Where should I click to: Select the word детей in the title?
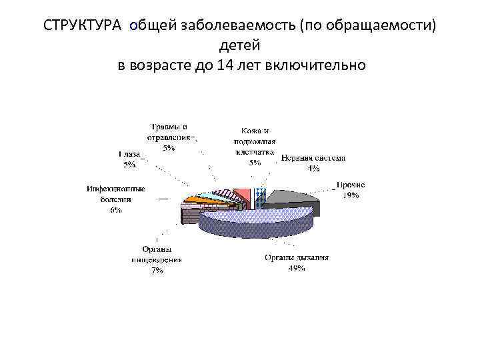click(240, 46)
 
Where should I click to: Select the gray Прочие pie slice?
click(293, 198)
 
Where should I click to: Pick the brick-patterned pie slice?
click(190, 215)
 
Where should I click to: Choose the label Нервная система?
click(313, 159)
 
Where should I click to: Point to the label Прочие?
click(350, 185)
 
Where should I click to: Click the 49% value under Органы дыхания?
click(296, 268)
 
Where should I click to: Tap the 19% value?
click(351, 195)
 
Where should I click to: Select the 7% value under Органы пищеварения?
click(157, 271)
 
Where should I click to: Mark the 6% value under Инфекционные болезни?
click(116, 210)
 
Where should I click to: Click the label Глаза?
click(128, 154)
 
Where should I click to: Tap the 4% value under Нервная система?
click(313, 169)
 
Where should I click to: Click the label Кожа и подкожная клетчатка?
click(254, 141)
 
